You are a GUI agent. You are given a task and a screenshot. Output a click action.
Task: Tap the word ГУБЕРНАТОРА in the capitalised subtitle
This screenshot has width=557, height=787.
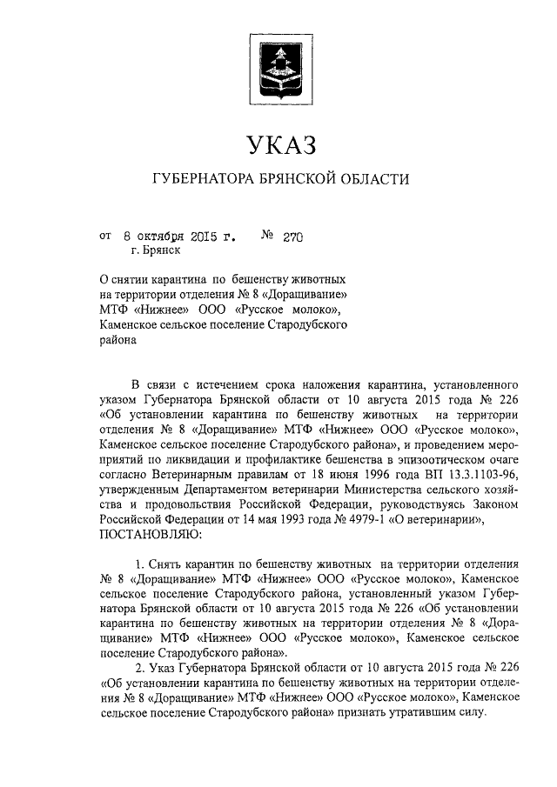pos(201,180)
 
